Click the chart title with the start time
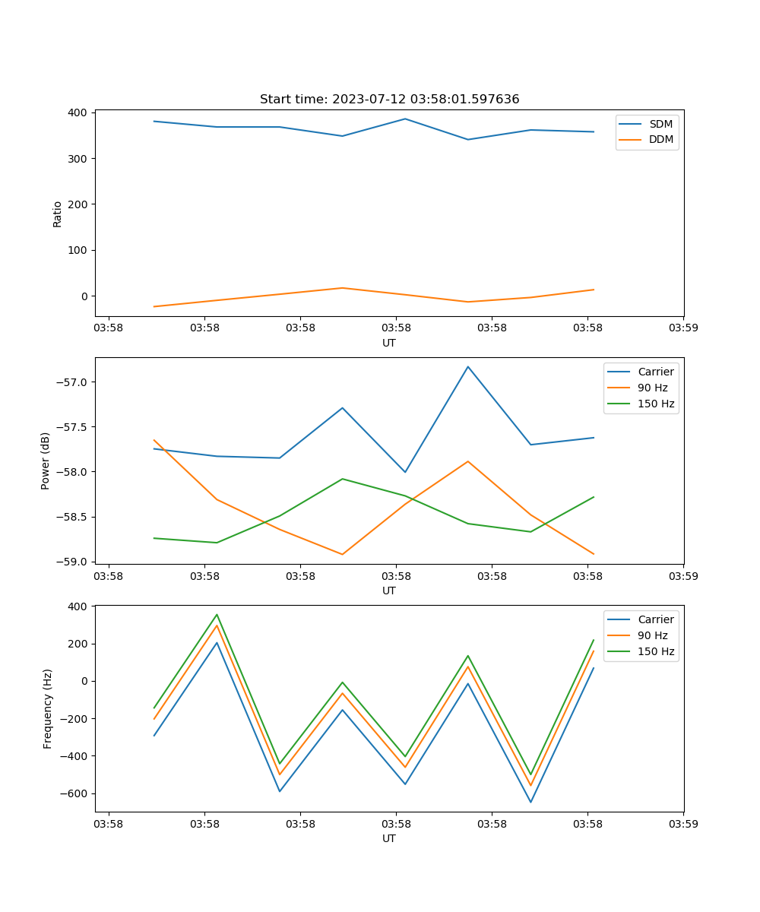pos(389,100)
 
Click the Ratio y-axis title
pos(58,214)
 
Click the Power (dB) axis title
pos(46,461)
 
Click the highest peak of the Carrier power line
pos(468,366)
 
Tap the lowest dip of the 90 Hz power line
pos(342,554)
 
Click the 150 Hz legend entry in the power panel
pos(656,404)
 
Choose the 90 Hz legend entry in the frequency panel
pos(652,635)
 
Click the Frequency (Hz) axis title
pos(48,708)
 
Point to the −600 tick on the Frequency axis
pos(76,793)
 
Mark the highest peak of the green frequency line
pos(217,615)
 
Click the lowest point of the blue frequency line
pos(530,802)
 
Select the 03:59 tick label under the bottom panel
pos(683,823)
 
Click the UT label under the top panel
pos(389,343)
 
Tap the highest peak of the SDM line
pos(405,119)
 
